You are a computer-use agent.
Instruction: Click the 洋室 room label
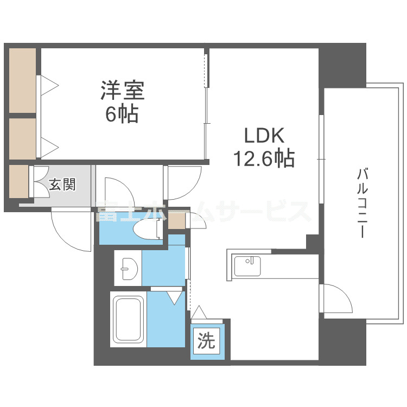click(122, 90)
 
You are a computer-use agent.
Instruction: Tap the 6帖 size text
click(122, 114)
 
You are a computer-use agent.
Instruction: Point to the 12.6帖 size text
click(264, 158)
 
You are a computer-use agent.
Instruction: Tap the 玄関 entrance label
click(62, 185)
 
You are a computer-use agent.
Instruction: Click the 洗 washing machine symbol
click(206, 341)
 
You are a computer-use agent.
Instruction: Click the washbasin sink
click(128, 267)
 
